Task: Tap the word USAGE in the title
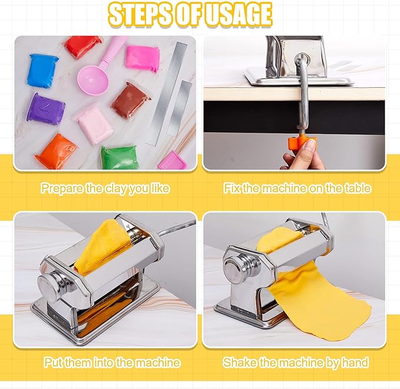[x=238, y=16]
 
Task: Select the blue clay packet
[x=43, y=70]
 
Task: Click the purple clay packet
[x=45, y=108]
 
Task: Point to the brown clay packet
[x=130, y=99]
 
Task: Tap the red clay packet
[x=84, y=47]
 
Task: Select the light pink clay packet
[x=93, y=122]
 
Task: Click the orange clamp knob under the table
[x=302, y=142]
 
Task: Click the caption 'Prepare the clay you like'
[x=105, y=189]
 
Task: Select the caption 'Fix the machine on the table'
[x=297, y=189]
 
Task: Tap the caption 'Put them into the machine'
[x=111, y=362]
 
